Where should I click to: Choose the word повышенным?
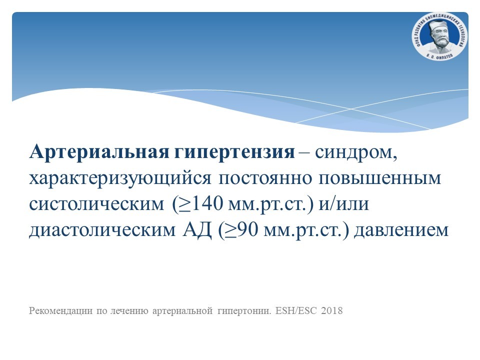point(380,178)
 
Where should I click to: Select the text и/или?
point(344,203)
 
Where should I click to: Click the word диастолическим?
point(102,230)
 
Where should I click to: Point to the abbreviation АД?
point(197,229)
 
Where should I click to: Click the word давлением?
point(401,230)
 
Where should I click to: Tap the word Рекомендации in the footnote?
point(60,310)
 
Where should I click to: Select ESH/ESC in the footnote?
point(296,310)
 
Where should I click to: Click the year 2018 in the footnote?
point(332,310)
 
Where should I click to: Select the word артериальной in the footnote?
point(182,311)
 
